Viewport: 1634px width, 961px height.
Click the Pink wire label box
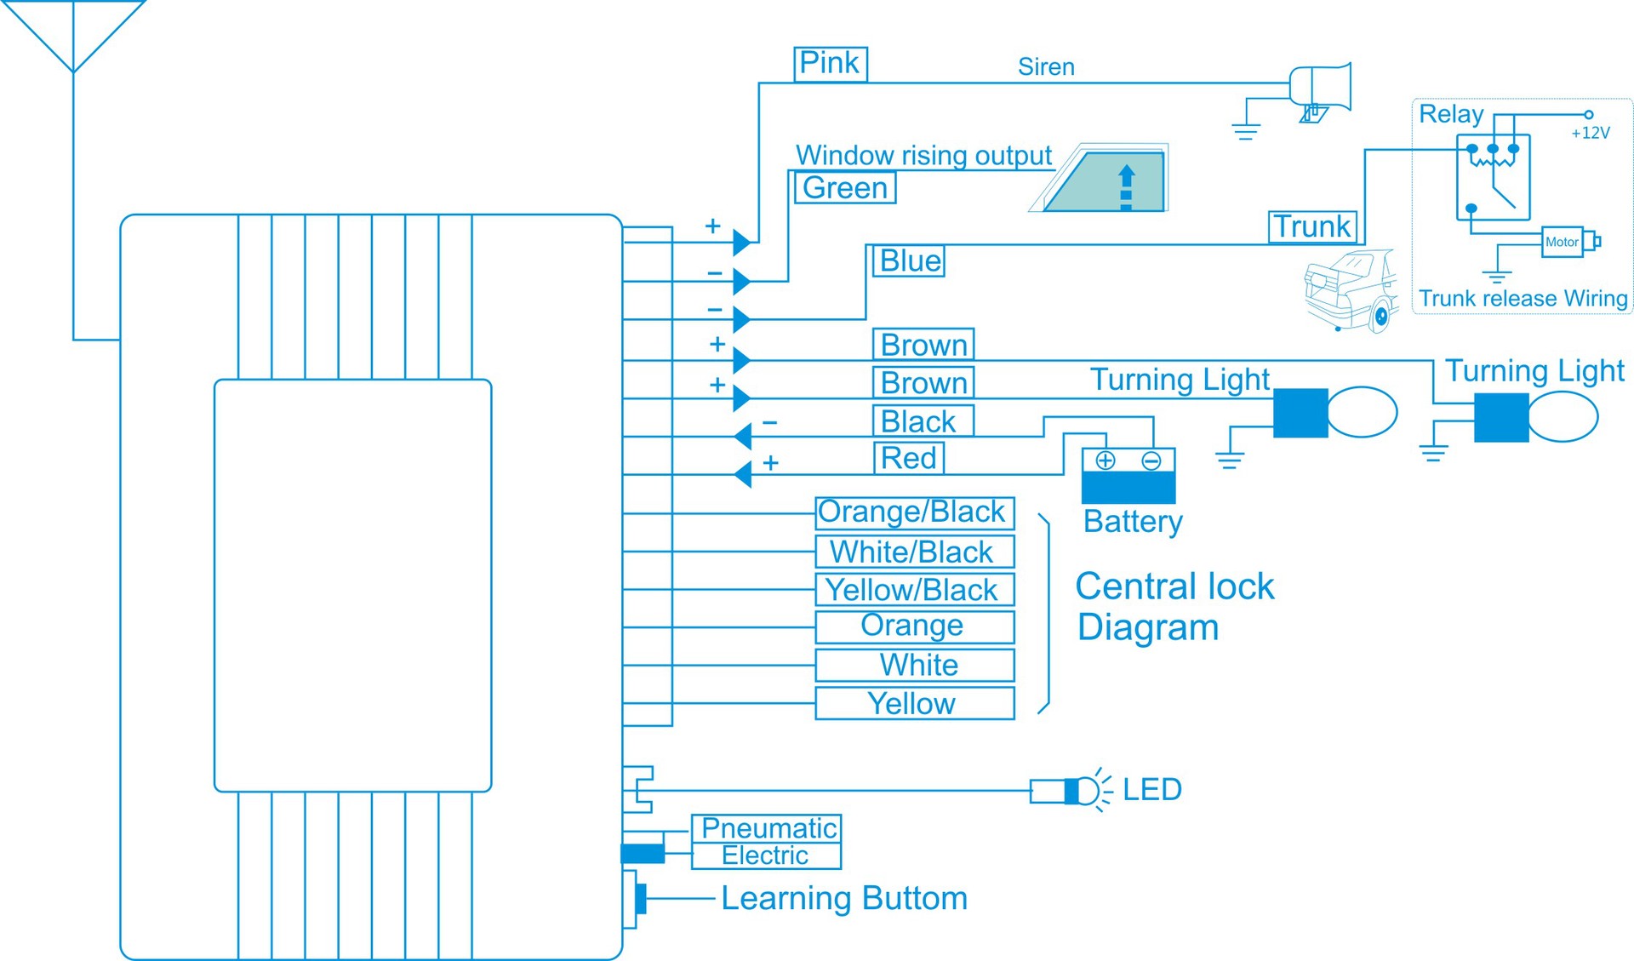(830, 64)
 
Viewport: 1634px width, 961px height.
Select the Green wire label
(844, 187)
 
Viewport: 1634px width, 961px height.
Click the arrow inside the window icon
(1126, 186)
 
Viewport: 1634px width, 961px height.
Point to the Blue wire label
(909, 260)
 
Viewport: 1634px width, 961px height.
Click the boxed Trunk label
(1311, 226)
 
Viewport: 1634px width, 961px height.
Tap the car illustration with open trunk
(1351, 290)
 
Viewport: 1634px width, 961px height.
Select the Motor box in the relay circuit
(1562, 242)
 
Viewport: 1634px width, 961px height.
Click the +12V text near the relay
(1590, 133)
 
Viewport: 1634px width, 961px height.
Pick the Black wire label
(922, 420)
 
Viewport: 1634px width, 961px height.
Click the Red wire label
(909, 458)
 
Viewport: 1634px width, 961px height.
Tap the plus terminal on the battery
(1105, 460)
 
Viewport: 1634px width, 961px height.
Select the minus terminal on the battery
(1151, 460)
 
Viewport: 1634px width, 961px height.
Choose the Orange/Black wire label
(914, 512)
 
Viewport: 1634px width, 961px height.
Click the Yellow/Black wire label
(914, 589)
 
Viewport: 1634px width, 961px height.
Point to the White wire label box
(914, 665)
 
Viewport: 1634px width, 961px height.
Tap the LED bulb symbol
(1083, 791)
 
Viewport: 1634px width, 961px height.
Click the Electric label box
(766, 855)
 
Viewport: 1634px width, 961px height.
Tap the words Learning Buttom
(843, 898)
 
